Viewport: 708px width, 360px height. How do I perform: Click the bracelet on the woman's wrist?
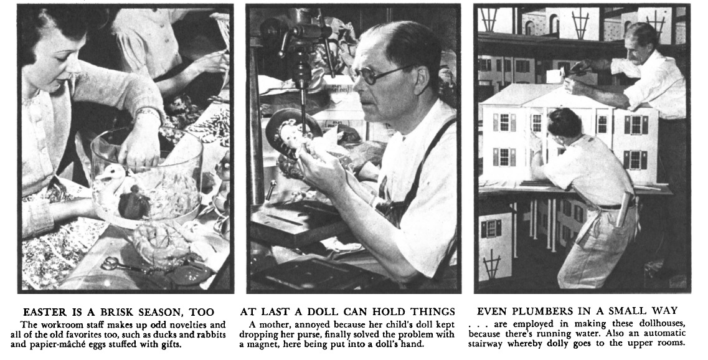tap(148, 113)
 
